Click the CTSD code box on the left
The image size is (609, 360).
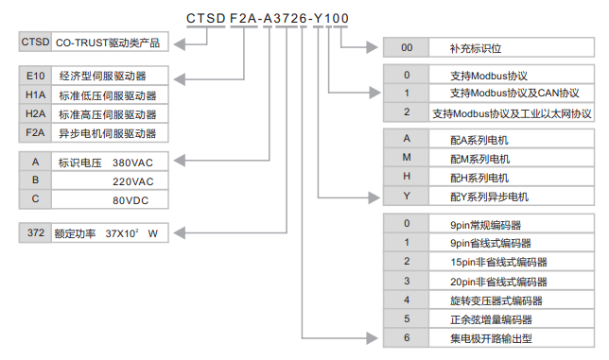click(35, 43)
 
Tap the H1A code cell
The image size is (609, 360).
click(35, 95)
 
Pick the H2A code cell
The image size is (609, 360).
click(35, 114)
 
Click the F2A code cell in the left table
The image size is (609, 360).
click(35, 133)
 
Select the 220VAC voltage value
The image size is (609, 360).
click(133, 180)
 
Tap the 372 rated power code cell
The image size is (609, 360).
click(35, 231)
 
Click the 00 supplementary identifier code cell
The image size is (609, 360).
click(407, 47)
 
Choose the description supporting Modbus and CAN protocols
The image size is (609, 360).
click(513, 94)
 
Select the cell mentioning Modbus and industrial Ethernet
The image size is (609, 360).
click(513, 112)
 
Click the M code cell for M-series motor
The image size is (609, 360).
click(407, 159)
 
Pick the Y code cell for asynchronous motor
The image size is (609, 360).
click(407, 197)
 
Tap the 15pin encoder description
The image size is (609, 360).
click(498, 262)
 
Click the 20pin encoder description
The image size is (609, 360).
click(498, 281)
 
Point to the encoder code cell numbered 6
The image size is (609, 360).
click(407, 337)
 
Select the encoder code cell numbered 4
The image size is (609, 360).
click(407, 300)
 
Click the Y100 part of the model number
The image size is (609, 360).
click(330, 18)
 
